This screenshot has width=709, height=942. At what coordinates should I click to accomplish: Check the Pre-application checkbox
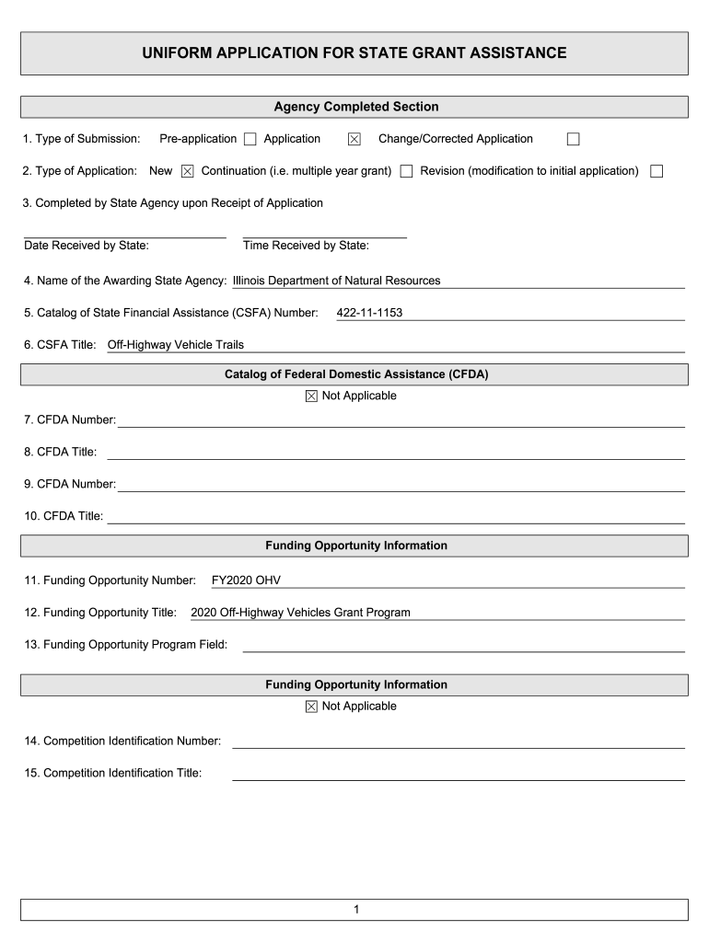pos(250,140)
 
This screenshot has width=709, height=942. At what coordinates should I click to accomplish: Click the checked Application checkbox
pos(354,140)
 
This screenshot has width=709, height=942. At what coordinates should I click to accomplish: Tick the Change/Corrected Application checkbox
pos(573,140)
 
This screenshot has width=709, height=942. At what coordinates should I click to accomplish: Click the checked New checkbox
pos(187,171)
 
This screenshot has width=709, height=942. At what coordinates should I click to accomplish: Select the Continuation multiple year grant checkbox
pos(406,171)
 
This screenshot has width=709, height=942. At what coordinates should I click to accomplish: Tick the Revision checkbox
pos(657,171)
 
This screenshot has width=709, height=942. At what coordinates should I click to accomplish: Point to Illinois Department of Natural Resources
pos(336,281)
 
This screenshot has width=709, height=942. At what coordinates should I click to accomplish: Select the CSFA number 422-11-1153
pos(369,313)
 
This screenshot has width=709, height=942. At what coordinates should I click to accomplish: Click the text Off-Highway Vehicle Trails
pos(176,345)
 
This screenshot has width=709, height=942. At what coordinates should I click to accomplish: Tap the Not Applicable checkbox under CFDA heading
pos(311,396)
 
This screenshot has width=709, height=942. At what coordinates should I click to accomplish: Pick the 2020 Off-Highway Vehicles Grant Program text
pos(300,612)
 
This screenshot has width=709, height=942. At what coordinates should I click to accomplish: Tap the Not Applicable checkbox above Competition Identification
pos(311,706)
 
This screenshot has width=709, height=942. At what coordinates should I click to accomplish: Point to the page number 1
pos(354,910)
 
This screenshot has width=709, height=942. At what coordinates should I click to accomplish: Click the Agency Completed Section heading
pos(355,107)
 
